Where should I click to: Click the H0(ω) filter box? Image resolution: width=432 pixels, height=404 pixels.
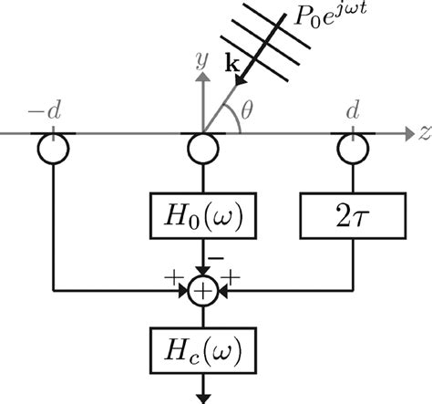[200, 219]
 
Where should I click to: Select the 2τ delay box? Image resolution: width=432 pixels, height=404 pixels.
[349, 219]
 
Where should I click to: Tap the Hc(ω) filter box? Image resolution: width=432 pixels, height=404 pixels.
[200, 348]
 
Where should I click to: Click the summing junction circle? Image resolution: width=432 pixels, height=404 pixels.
[200, 293]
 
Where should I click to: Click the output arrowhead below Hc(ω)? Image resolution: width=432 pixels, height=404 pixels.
[200, 395]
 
